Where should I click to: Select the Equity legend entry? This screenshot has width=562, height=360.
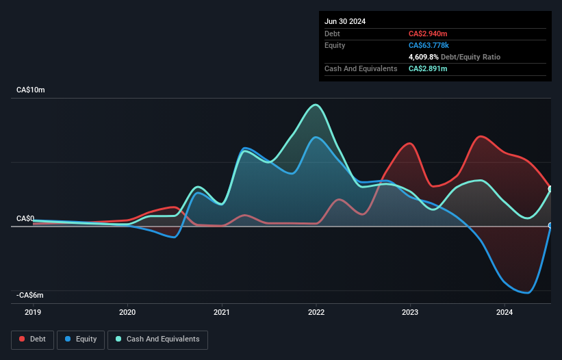[x=81, y=339]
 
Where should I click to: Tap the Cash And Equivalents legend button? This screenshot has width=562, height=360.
[x=157, y=339]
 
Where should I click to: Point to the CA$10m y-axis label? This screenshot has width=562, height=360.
[x=31, y=90]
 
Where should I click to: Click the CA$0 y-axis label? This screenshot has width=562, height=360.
[x=25, y=218]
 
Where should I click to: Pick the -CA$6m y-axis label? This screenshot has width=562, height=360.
[x=31, y=295]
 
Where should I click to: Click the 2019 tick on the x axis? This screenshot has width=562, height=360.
[x=33, y=312]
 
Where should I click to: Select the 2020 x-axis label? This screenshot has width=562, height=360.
[x=127, y=312]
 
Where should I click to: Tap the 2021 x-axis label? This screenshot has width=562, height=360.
[x=222, y=312]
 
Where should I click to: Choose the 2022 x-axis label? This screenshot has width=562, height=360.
[x=316, y=312]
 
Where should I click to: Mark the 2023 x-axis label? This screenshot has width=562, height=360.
[x=410, y=312]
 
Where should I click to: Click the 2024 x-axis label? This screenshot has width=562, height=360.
[x=504, y=312]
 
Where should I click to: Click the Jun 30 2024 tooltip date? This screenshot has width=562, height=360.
[x=345, y=21]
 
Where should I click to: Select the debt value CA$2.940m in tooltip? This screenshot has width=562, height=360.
[x=429, y=34]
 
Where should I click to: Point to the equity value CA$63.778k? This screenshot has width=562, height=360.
[x=429, y=45]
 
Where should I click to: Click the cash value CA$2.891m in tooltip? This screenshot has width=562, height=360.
[x=429, y=68]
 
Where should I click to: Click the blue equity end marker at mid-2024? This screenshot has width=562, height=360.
[x=550, y=225]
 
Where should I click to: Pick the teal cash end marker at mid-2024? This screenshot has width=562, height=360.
[x=550, y=190]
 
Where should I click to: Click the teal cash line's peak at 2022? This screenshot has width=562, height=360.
[x=316, y=105]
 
